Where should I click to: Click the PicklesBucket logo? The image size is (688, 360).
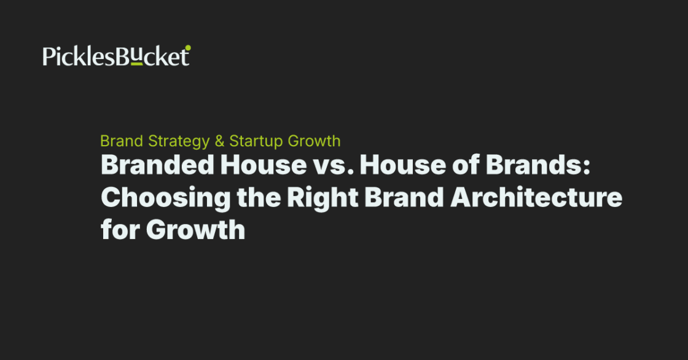pyautogui.click(x=116, y=57)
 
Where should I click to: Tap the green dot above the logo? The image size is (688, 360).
pyautogui.click(x=188, y=47)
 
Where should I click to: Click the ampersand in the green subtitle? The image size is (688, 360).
pyautogui.click(x=219, y=141)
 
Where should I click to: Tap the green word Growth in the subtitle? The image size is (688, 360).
pyautogui.click(x=313, y=141)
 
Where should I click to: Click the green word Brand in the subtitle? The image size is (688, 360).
pyautogui.click(x=122, y=141)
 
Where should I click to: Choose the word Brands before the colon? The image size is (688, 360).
pyautogui.click(x=525, y=166)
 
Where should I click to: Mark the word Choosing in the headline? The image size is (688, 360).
pyautogui.click(x=154, y=198)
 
